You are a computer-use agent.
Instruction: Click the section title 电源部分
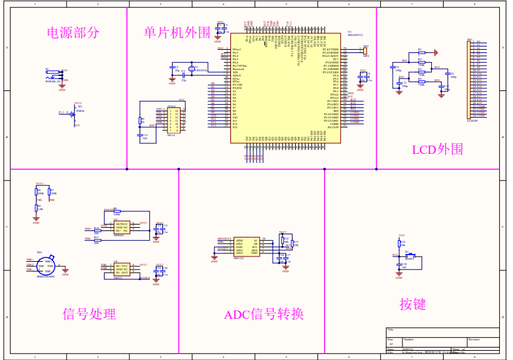pyautogui.click(x=73, y=32)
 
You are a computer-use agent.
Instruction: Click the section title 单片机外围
pyautogui.click(x=177, y=32)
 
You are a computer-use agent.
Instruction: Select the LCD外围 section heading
pyautogui.click(x=437, y=149)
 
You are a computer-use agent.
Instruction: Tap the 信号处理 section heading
pyautogui.click(x=89, y=314)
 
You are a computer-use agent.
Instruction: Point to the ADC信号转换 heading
pyautogui.click(x=264, y=315)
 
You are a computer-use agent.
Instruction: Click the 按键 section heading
pyautogui.click(x=413, y=304)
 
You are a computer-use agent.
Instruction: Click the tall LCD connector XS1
pyautogui.click(x=470, y=79)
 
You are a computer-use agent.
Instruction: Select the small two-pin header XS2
pyautogui.click(x=365, y=51)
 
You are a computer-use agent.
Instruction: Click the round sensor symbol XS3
pyautogui.click(x=46, y=265)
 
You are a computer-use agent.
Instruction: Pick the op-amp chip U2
pyautogui.click(x=122, y=227)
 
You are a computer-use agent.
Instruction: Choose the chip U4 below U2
pyautogui.click(x=122, y=269)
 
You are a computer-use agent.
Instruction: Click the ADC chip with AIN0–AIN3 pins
pyautogui.click(x=247, y=247)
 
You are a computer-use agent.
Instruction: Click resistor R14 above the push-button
pyautogui.click(x=399, y=243)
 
